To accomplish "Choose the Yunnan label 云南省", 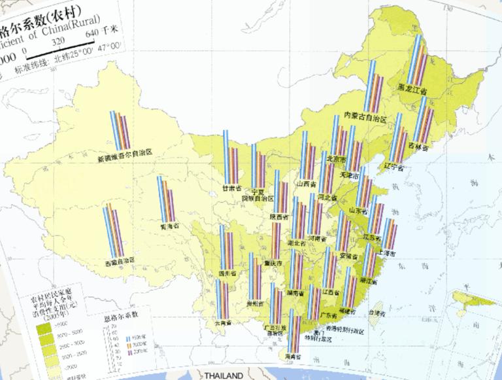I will coord(226,322).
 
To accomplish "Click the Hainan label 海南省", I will coord(297,357).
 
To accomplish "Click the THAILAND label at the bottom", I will coord(223,376).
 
